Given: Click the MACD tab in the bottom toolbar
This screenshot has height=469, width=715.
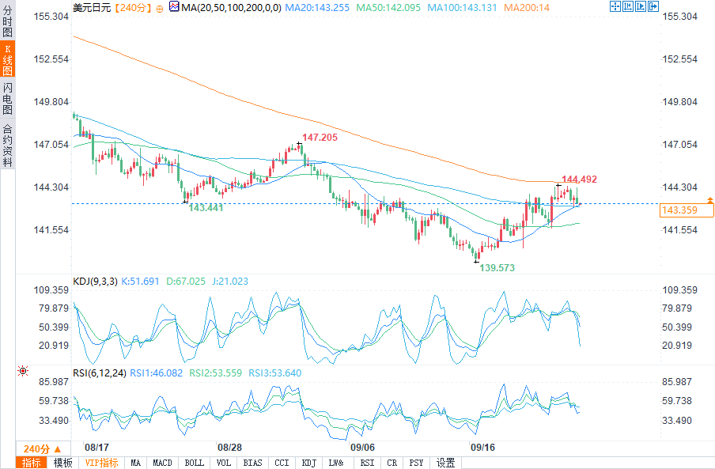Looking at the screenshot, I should coord(162,463).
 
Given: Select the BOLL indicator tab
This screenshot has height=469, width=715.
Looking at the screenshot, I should coord(193,463).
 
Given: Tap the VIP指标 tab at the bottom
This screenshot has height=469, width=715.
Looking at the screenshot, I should coord(101,463).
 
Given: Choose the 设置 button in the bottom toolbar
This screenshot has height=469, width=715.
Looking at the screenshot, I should coord(446,463).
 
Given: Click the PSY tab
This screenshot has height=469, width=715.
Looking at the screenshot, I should coord(416,463).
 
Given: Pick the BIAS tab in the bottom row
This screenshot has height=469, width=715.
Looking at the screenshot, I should coord(252,463).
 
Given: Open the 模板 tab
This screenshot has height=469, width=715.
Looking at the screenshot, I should coord(62,463).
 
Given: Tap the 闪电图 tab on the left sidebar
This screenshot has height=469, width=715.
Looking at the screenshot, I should coord(7,99).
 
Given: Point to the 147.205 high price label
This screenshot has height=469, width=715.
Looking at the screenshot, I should coord(320,138).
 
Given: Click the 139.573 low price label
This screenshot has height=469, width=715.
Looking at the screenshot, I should coord(497,268).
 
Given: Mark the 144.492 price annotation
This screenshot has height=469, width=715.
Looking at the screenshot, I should coord(579,180).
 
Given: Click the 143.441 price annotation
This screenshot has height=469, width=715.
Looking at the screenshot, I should coord(206,207).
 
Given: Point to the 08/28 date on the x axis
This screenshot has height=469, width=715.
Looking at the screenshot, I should coord(229,447).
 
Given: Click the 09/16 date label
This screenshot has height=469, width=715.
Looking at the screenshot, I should coord(482,447).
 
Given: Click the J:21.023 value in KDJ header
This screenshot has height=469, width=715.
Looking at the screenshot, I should coord(229,281).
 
